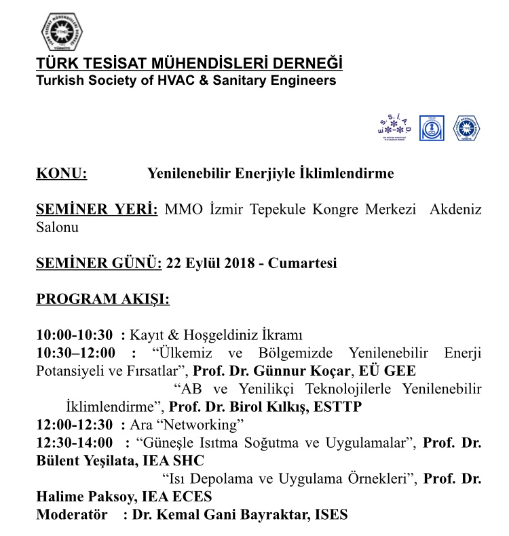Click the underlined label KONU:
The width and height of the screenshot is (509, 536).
point(61,174)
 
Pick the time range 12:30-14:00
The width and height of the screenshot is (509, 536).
point(75,443)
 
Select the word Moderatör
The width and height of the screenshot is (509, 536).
point(71,515)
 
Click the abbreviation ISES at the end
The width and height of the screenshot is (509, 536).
point(330,515)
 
